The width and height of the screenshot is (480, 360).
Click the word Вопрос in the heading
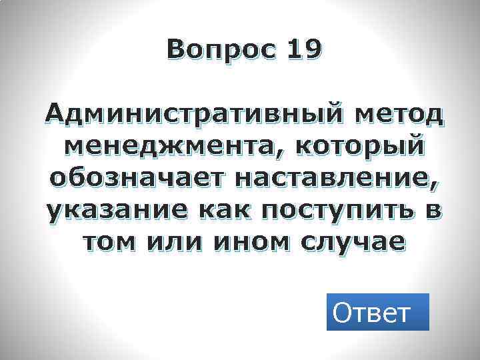(x=220, y=49)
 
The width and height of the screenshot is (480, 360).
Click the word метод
(x=399, y=116)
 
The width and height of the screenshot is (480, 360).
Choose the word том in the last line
(x=109, y=243)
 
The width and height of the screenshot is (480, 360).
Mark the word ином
(x=247, y=243)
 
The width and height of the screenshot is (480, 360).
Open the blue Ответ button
(x=377, y=312)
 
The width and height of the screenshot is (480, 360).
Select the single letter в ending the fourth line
(x=433, y=211)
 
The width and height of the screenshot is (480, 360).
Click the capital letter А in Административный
(x=57, y=116)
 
